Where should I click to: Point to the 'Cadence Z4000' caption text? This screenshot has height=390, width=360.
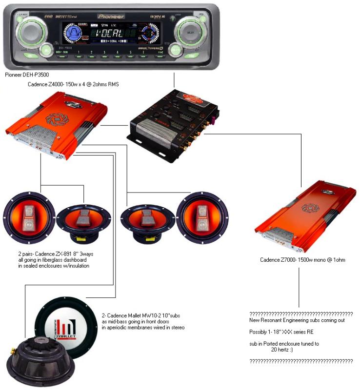(74, 85)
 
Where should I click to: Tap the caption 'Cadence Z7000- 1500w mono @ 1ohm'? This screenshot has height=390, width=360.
(302, 260)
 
